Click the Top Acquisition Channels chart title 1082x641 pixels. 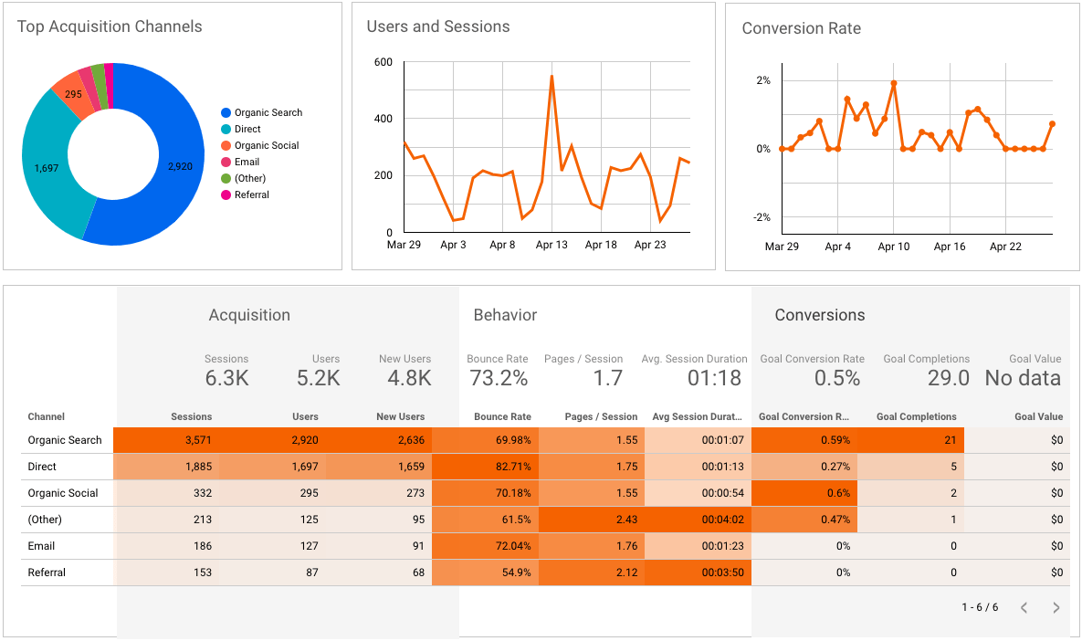point(110,26)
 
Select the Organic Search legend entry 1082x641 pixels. point(268,112)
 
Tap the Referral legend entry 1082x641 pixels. point(251,194)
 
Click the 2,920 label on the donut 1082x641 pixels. point(180,166)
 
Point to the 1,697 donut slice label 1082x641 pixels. point(47,168)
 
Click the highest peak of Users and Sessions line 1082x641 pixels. point(552,76)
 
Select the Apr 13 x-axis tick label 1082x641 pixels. point(552,245)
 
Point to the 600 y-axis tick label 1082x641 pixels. point(383,62)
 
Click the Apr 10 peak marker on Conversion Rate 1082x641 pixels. point(893,83)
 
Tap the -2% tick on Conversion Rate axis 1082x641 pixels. point(761,217)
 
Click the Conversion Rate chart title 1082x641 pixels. point(801,28)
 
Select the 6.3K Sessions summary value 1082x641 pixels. point(226,378)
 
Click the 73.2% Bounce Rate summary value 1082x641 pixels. point(498,378)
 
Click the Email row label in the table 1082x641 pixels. point(41,546)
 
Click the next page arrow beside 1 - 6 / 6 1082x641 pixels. point(1056,607)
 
